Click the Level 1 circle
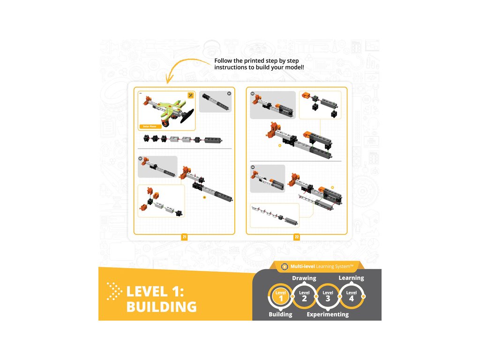coord(281,296)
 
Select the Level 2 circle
coord(304,296)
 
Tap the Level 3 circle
coord(328,296)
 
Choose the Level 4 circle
coord(351,296)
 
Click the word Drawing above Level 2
coord(304,278)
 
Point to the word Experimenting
coord(328,315)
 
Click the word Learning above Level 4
coord(351,278)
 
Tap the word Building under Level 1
coord(280,315)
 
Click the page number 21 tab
coord(184,237)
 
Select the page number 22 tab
coord(297,237)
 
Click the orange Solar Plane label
coord(150,127)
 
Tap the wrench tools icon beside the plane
coord(190,95)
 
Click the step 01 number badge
coord(229,94)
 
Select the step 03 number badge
coord(253,94)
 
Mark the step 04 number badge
coord(253,167)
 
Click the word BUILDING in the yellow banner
coord(161,307)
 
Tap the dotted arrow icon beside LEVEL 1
coord(114,291)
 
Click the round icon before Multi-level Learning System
coord(284,267)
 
